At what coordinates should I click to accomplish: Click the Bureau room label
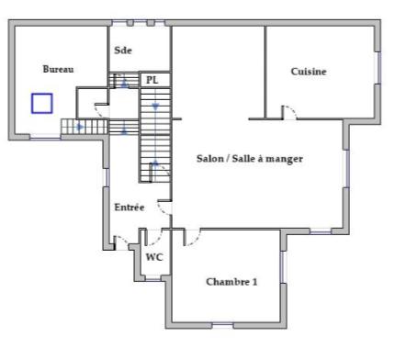58,69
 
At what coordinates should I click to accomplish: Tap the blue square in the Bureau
41,103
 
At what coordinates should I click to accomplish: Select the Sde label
123,51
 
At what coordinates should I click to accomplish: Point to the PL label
152,80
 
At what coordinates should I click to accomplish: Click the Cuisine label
309,71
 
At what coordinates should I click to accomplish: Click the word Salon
210,158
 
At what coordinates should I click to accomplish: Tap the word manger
287,158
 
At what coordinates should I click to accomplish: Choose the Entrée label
129,208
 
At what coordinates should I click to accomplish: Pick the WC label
154,257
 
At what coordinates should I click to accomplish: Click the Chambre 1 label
231,281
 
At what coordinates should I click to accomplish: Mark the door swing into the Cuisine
288,112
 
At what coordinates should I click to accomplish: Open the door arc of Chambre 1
191,238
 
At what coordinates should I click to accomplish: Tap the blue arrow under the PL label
155,107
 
